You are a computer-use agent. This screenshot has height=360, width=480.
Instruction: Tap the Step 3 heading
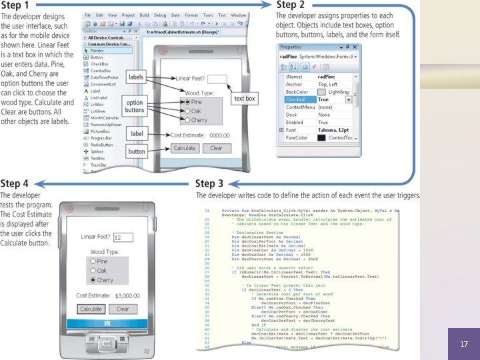215,183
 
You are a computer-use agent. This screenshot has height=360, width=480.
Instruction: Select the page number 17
464,345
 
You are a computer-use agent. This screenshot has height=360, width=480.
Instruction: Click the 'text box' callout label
244,98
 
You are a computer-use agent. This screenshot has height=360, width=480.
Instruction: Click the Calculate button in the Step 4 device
91,309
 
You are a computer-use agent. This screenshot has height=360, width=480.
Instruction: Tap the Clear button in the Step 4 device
123,309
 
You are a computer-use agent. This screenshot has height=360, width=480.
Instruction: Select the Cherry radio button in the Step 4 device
93,281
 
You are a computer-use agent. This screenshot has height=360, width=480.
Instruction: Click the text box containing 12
123,237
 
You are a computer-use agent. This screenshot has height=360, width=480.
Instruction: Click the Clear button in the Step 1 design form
217,148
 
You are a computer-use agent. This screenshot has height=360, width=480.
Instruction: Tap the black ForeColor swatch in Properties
322,138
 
